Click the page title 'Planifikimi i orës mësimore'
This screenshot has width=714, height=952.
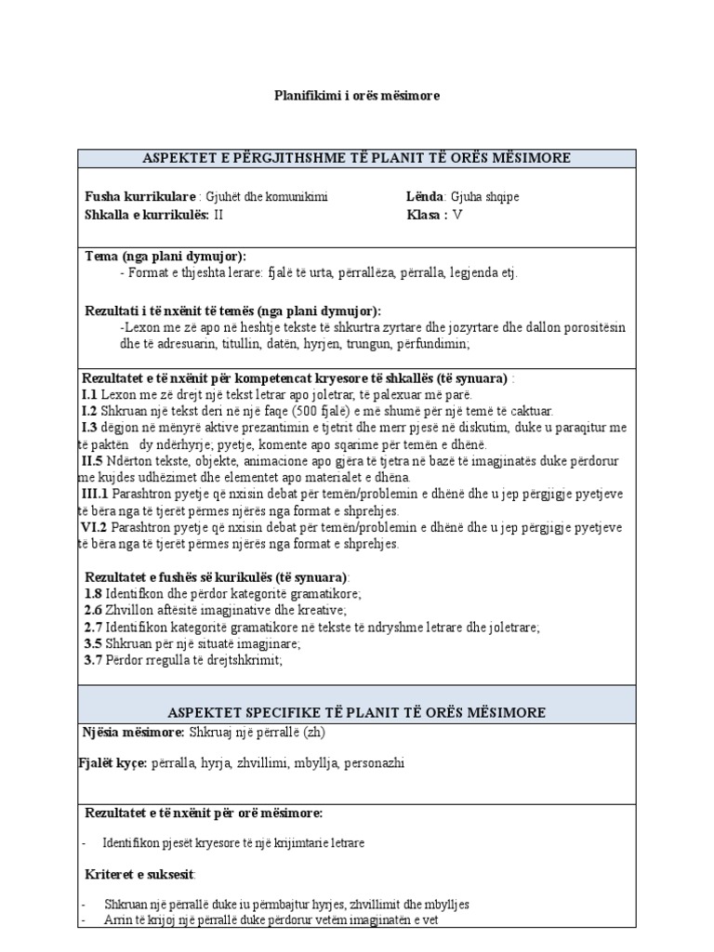pyautogui.click(x=357, y=96)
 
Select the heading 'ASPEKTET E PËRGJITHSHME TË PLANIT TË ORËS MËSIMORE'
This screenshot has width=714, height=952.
pyautogui.click(x=357, y=157)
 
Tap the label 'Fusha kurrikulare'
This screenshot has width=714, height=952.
pyautogui.click(x=140, y=197)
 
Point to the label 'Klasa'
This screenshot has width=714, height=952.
pyautogui.click(x=426, y=214)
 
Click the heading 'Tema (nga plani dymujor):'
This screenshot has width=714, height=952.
pyautogui.click(x=165, y=257)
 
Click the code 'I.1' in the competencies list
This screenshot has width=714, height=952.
pyautogui.click(x=89, y=395)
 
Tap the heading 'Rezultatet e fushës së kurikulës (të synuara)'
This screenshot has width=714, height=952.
pyautogui.click(x=216, y=576)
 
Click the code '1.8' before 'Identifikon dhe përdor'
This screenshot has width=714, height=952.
pyautogui.click(x=93, y=593)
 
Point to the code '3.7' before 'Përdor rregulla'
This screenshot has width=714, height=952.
pyautogui.click(x=93, y=660)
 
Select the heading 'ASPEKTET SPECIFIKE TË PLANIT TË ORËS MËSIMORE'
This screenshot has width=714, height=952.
pyautogui.click(x=357, y=712)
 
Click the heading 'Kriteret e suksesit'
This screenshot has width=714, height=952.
pyautogui.click(x=140, y=875)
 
